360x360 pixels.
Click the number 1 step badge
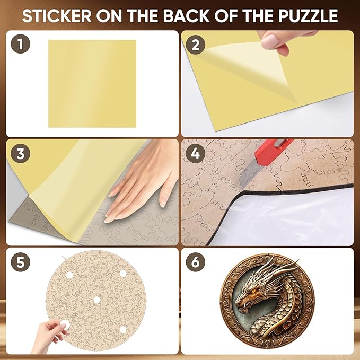(20, 45)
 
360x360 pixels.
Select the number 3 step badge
(20, 154)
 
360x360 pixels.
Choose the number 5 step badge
(20, 262)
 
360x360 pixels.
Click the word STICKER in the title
(56, 16)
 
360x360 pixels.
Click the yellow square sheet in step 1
(92, 83)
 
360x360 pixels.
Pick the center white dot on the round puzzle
(96, 300)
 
